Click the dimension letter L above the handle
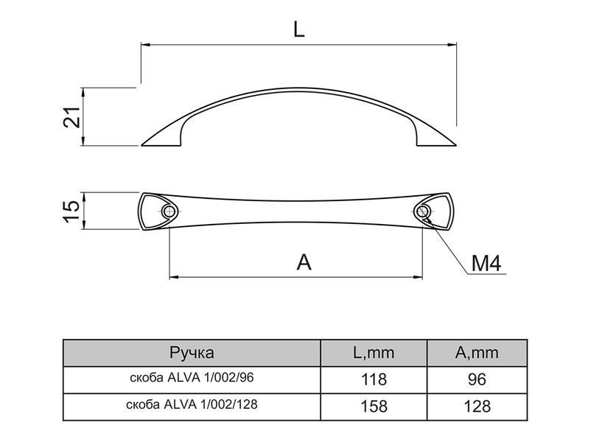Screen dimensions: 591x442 pyautogui.click(x=298, y=29)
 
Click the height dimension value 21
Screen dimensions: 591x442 pyautogui.click(x=71, y=117)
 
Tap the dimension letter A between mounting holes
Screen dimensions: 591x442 pyautogui.click(x=304, y=262)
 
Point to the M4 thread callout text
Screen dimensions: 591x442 pyautogui.click(x=486, y=263)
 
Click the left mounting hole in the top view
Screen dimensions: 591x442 pyautogui.click(x=169, y=211)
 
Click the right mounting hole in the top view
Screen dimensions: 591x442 pyautogui.click(x=422, y=211)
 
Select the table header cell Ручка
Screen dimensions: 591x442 pyautogui.click(x=192, y=353)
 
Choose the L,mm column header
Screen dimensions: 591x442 pyautogui.click(x=374, y=353)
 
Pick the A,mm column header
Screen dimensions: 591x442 pyautogui.click(x=477, y=353)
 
